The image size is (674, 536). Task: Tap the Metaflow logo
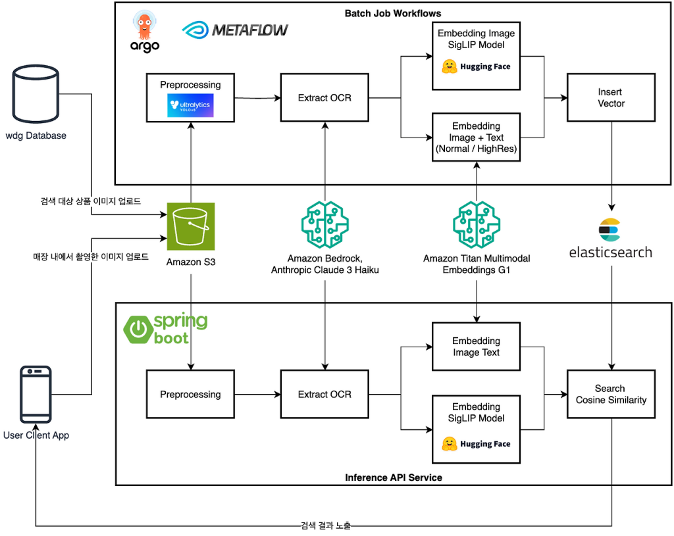point(235,30)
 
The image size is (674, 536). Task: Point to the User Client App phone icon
point(36,394)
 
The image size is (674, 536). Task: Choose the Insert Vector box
point(611,98)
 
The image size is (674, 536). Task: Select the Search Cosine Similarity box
point(611,394)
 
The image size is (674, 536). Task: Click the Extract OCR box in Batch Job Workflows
point(324,98)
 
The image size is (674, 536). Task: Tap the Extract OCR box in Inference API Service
point(324,394)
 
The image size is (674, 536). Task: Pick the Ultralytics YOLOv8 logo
point(190,106)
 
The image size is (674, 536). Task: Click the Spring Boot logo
point(166,329)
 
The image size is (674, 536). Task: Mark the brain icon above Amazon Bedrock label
point(324,225)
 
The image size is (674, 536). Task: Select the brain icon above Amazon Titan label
point(477,225)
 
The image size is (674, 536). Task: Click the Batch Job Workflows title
point(393,13)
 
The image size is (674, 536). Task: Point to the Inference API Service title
point(393,477)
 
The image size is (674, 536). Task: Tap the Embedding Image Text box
point(476,347)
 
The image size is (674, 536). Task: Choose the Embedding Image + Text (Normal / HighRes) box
point(476,137)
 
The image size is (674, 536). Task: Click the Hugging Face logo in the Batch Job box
point(476,66)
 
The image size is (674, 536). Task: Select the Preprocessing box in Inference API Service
point(190,394)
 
